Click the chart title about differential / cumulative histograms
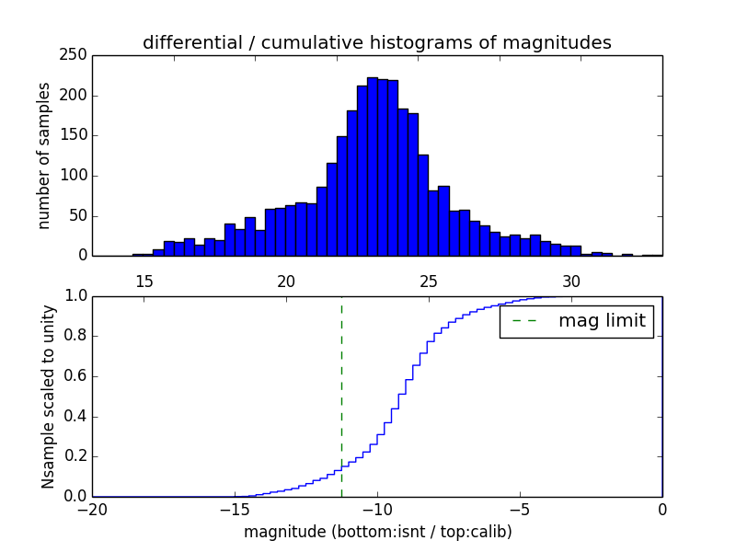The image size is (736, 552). (376, 42)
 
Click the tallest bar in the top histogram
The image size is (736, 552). (373, 166)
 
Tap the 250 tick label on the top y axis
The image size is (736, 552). (75, 56)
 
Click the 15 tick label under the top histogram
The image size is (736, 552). (144, 281)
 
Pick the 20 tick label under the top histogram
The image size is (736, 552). (286, 281)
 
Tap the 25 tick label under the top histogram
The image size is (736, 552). (429, 281)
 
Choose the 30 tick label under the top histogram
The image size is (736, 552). (571, 281)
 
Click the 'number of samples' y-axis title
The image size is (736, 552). (44, 155)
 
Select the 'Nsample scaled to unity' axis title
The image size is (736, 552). (48, 397)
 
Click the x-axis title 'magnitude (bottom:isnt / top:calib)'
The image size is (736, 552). (377, 532)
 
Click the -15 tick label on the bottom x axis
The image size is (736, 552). (235, 510)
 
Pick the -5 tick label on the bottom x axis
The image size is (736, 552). (520, 510)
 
